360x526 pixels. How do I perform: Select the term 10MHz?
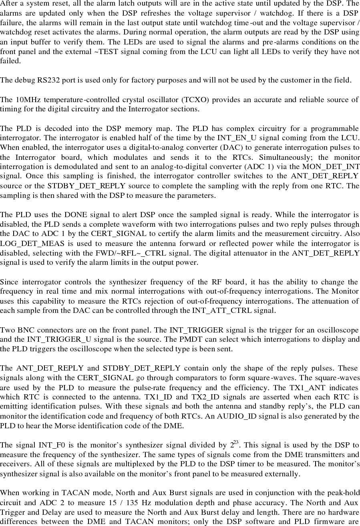click(x=27, y=100)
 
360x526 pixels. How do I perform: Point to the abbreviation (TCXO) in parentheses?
click(x=194, y=100)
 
